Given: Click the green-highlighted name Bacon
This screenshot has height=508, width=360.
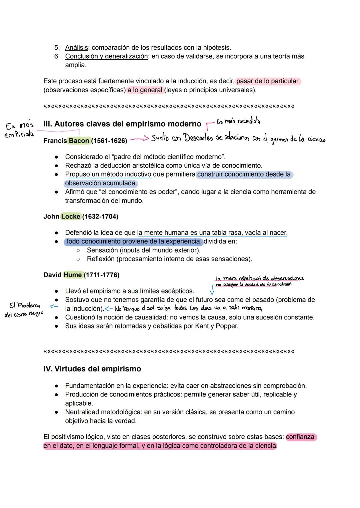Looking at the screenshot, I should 79,141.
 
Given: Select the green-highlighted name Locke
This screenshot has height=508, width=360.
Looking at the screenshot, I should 71,217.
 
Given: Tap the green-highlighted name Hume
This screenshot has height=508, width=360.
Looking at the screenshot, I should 72,275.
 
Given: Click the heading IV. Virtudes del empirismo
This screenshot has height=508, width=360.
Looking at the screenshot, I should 92,369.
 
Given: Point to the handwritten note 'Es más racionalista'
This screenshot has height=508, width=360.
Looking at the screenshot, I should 238,122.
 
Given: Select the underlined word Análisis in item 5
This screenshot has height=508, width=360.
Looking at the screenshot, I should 76,48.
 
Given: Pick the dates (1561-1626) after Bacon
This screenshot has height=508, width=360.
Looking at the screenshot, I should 109,141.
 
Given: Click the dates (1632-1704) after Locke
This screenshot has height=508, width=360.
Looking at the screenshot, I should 100,217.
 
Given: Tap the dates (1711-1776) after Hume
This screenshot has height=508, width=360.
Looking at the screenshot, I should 101,275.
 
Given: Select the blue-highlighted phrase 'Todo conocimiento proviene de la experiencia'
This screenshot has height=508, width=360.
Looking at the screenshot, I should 133,241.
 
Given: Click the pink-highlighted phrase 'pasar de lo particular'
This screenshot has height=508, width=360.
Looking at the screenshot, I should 268,81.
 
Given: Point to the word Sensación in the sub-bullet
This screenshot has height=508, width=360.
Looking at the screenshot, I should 102,250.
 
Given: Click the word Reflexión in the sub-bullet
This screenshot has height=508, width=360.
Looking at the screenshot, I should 101,259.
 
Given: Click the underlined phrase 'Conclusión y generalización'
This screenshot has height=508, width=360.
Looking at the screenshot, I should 106,56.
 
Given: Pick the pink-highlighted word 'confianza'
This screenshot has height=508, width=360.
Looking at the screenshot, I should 300,437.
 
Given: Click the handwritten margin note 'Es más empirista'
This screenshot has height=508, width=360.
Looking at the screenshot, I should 19,130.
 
